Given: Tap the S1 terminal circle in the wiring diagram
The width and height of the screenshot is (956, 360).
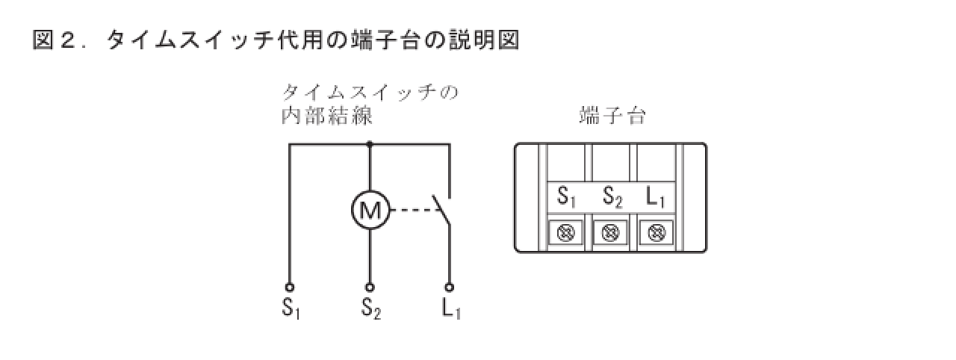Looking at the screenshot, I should pyautogui.click(x=290, y=286).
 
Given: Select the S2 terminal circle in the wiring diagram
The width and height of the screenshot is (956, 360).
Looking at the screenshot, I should pyautogui.click(x=370, y=286).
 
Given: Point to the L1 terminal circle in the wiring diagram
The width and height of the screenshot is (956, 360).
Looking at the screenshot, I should pyautogui.click(x=450, y=286).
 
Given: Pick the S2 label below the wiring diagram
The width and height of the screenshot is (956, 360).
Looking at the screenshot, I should pyautogui.click(x=371, y=308).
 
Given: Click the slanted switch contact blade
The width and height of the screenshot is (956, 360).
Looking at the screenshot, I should pyautogui.click(x=442, y=210).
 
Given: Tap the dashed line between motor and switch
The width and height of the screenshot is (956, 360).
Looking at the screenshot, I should pyautogui.click(x=409, y=210).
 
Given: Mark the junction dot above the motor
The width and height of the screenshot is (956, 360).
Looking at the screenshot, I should pyautogui.click(x=370, y=143).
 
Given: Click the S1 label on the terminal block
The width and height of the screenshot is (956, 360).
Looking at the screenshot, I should pyautogui.click(x=567, y=198).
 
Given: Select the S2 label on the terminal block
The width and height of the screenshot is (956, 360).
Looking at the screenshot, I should pyautogui.click(x=612, y=198).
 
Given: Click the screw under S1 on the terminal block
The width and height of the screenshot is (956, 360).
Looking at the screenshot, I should pyautogui.click(x=567, y=233).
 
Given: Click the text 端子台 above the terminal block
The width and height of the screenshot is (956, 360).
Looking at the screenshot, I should pyautogui.click(x=612, y=117).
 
